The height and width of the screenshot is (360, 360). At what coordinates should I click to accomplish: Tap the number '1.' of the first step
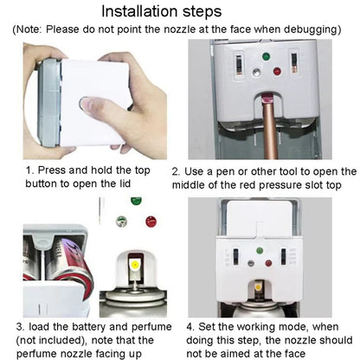coord(29,170)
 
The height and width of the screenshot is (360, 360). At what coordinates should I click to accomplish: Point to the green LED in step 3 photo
coord(135,202)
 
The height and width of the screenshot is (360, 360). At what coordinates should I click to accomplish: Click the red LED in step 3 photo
coord(151,222)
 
